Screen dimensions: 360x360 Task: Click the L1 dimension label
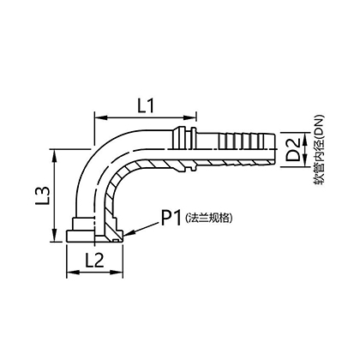146,106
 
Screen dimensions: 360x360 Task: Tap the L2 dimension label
94,261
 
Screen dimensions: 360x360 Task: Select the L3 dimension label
45,196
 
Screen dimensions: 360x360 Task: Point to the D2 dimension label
293,150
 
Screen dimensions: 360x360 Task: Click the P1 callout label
171,218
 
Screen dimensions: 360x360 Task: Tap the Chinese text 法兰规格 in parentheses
208,219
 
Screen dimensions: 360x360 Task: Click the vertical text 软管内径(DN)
319,150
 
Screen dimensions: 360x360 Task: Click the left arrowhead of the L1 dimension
100,117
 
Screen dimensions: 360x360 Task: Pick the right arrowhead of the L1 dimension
190,117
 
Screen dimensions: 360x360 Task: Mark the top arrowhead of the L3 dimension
54,154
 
